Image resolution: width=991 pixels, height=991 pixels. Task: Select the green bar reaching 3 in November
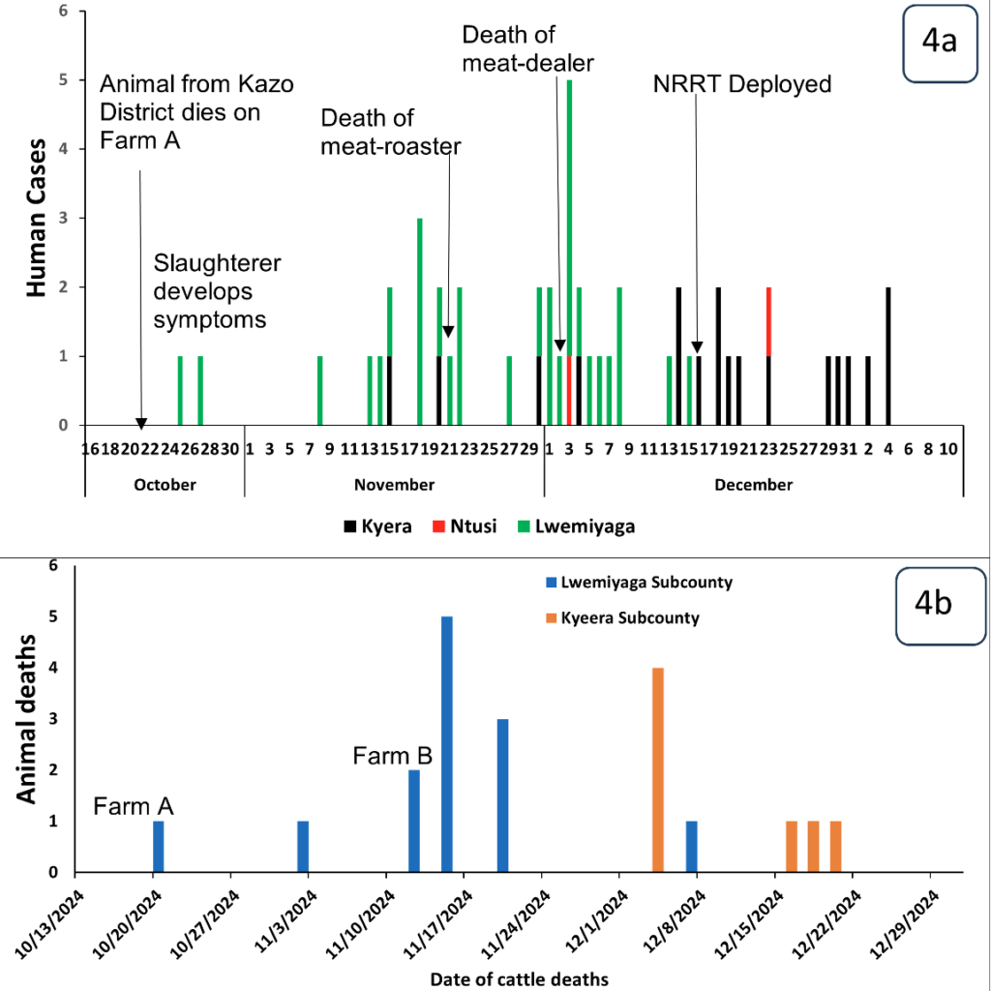pos(419,321)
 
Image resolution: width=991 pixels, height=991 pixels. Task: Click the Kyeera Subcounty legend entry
pos(629,617)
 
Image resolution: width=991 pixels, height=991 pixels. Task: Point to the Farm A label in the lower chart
pos(135,805)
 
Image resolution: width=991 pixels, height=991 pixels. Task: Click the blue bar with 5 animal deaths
pos(446,744)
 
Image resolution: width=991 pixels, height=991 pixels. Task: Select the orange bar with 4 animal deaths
pos(658,769)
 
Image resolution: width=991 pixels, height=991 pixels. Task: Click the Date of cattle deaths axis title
pos(519,978)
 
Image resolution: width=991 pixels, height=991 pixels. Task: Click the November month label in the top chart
pos(393,484)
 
